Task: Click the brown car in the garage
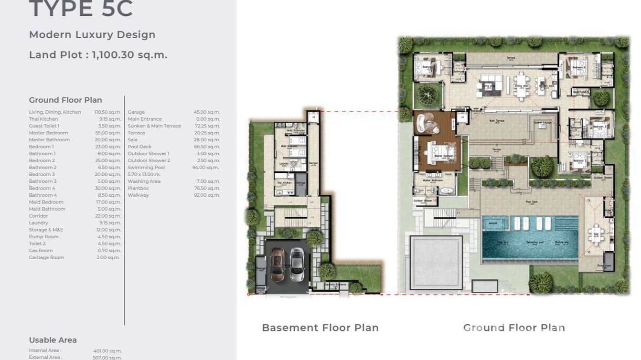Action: (277, 265)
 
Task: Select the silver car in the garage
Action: (297, 265)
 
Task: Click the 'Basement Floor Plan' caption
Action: (320, 328)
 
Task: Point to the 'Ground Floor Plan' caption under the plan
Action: (514, 328)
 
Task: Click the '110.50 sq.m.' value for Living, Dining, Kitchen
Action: (107, 112)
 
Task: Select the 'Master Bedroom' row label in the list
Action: (48, 133)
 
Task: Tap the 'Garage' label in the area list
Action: (136, 112)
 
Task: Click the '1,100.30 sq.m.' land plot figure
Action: (129, 55)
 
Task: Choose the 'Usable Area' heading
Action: (53, 340)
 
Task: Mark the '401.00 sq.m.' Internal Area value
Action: (107, 351)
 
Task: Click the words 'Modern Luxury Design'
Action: (92, 35)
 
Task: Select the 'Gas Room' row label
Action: (41, 251)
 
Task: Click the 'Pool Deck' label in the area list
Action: (139, 147)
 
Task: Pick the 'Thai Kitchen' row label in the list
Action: (43, 119)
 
